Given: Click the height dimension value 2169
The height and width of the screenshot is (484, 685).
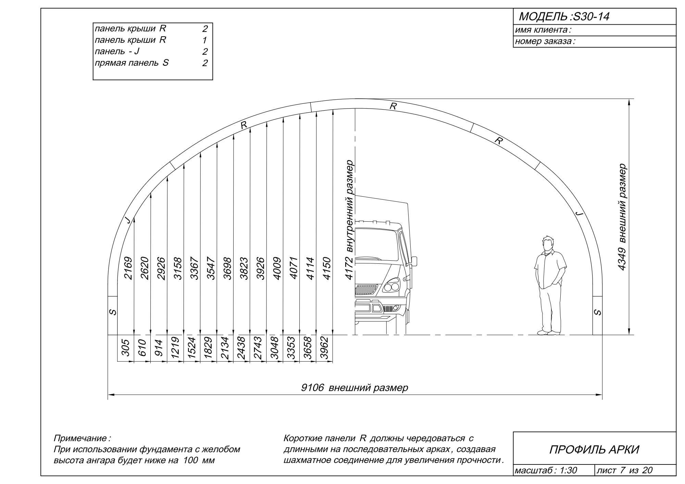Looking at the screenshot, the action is pos(128,268).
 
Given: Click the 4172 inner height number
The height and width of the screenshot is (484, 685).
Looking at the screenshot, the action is pos(349,268).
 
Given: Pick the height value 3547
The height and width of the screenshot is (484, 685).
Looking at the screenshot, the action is pos(211,268).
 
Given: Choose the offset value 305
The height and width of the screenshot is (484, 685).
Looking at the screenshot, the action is pos(126,348).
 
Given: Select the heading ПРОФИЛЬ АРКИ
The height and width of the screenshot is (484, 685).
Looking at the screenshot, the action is pos(594,450).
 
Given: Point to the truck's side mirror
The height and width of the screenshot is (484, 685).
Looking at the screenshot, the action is pos(414,261).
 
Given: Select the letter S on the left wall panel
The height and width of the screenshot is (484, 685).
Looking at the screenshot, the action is pos(112,312).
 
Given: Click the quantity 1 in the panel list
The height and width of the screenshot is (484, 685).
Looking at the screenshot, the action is pos(204,40).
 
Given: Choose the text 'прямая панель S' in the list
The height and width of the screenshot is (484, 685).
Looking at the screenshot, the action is pos(132,63).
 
